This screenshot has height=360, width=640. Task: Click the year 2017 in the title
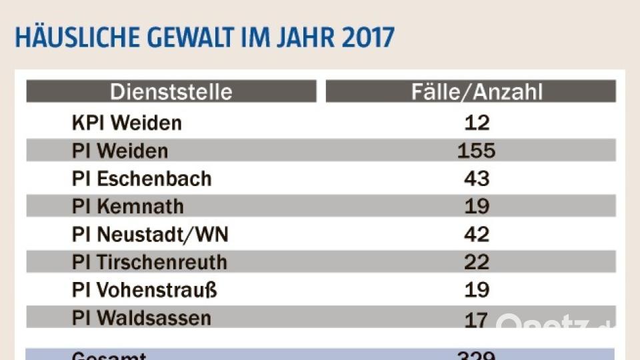coord(368,38)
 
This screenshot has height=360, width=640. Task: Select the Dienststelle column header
coord(171,92)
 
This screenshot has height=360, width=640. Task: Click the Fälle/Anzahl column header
coord(477,92)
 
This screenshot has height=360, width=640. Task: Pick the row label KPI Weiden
coord(127,123)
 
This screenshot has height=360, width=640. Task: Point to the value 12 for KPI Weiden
coord(477,123)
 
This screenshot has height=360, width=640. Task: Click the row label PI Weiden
coord(120,151)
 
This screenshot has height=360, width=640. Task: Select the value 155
coord(477,151)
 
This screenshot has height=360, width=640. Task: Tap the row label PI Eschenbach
coord(141,179)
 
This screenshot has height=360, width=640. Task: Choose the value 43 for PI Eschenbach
coord(477,179)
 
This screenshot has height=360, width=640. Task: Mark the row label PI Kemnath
coord(127,207)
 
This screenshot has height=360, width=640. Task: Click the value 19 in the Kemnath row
coord(477,207)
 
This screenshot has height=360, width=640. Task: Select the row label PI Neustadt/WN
coord(150,235)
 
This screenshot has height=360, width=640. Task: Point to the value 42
coord(477,235)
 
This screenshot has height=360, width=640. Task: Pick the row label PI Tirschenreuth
coord(149,263)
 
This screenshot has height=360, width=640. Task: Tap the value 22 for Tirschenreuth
coord(477,263)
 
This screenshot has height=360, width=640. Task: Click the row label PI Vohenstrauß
coord(145,291)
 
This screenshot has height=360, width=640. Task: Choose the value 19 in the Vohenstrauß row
coord(477,291)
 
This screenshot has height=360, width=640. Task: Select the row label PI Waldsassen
coord(141,319)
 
